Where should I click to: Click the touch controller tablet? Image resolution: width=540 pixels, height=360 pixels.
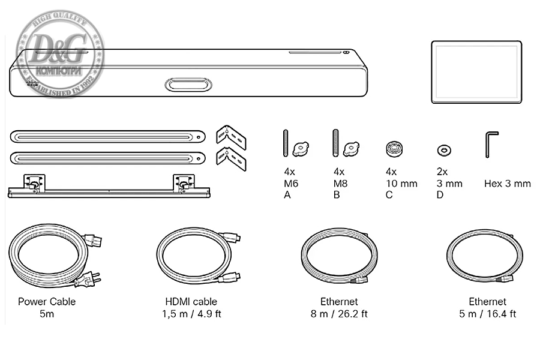tap(476, 72)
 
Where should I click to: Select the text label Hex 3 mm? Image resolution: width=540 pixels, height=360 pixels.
tap(507, 184)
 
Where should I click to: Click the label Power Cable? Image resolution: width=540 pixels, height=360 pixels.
tap(47, 301)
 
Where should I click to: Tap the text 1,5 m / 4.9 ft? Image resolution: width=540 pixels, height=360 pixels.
tap(191, 314)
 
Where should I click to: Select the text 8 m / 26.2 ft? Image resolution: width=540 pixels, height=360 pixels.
tap(339, 314)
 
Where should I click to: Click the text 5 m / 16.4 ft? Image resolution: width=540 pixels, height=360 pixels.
tap(487, 314)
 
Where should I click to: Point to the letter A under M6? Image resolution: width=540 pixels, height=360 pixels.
tap(287, 195)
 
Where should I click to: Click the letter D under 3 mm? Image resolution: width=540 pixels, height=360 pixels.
tap(440, 195)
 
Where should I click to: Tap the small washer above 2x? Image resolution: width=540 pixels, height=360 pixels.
tap(444, 149)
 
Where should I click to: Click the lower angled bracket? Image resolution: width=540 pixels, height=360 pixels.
tap(231, 157)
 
